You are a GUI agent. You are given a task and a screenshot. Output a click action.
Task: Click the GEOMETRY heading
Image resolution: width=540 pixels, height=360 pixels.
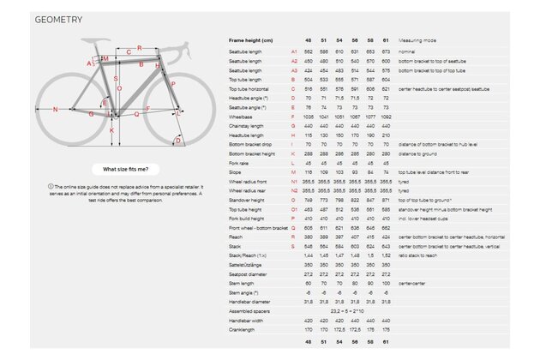click(58, 19)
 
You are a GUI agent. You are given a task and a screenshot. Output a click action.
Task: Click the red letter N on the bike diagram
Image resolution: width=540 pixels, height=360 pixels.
click(55, 109)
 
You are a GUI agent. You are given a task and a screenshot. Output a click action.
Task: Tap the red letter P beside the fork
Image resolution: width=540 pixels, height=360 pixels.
click(174, 83)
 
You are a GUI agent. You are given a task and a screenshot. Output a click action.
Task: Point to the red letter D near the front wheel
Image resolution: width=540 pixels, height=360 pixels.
click(178, 141)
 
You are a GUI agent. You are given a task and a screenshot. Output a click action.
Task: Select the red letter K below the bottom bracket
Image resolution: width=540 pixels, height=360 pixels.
click(111, 131)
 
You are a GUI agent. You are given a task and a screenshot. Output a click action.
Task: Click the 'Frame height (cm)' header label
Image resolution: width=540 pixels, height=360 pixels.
click(250, 39)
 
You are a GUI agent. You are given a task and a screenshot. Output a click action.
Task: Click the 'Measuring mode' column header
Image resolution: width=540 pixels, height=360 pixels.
click(418, 39)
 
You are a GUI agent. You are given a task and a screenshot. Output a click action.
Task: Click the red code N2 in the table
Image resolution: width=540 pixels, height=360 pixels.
click(295, 189)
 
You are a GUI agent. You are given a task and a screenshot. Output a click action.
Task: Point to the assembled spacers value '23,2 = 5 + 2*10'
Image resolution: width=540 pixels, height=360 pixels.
click(350, 311)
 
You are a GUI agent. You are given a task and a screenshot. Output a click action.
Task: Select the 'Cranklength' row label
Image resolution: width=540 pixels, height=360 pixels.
click(243, 328)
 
